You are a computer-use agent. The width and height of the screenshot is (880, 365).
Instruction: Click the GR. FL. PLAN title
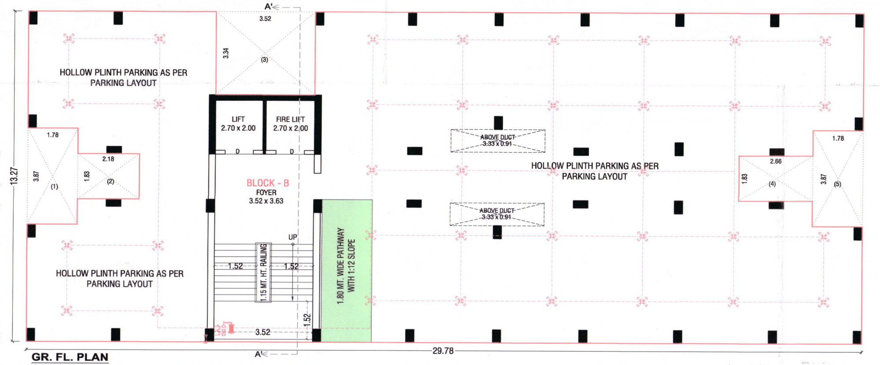(70, 357)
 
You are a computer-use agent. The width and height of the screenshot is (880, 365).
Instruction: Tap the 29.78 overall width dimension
(443, 351)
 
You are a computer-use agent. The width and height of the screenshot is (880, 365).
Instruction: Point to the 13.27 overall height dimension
(15, 176)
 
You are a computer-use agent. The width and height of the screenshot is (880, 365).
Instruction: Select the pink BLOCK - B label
(268, 183)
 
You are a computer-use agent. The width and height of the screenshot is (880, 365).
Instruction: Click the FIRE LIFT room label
(290, 119)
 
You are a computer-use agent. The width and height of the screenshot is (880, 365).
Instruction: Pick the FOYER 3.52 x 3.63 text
(266, 197)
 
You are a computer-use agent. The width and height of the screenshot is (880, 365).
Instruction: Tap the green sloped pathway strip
(346, 271)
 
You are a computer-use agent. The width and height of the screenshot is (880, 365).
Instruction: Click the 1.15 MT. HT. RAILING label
(263, 273)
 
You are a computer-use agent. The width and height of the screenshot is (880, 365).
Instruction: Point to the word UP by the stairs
(292, 237)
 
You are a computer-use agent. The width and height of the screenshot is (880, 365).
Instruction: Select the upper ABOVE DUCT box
(498, 141)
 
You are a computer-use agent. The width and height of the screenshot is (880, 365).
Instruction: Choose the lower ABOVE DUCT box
(497, 214)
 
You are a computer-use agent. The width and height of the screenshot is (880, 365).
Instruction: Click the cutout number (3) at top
(264, 60)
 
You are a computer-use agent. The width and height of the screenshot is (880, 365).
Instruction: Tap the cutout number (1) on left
(54, 186)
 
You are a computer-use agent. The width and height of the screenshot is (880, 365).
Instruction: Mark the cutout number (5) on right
(837, 184)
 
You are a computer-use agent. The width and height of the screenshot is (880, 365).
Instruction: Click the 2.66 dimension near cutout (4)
(776, 161)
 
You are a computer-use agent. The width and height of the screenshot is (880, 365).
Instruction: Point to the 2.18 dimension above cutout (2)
(108, 159)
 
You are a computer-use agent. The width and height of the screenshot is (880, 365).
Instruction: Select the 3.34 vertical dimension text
(226, 53)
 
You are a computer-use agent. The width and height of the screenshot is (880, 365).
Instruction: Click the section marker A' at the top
(269, 7)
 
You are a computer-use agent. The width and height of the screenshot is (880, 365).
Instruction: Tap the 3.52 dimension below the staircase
(263, 332)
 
